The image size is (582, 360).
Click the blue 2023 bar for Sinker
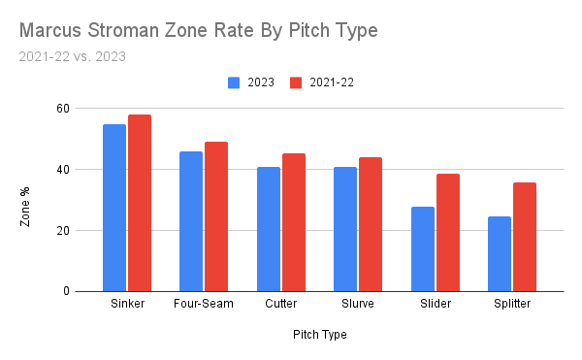coord(114,208)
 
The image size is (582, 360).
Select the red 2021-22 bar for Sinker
coord(140,203)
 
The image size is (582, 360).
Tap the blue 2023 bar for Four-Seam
coord(191,221)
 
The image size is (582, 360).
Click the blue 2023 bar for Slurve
coord(345,229)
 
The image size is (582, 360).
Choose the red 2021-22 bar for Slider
coord(448,233)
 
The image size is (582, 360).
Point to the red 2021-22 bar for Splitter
coord(525,237)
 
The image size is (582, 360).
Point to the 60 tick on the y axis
coord(63,109)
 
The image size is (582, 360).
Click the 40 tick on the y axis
coord(63,170)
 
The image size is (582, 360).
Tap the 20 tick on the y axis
coord(63,231)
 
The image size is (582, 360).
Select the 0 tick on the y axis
coord(67,291)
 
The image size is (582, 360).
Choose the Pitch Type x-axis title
coord(319,335)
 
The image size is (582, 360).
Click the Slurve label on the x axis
coord(358,306)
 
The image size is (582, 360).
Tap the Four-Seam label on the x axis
coord(204,306)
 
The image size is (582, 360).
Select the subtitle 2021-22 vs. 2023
coord(72,56)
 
